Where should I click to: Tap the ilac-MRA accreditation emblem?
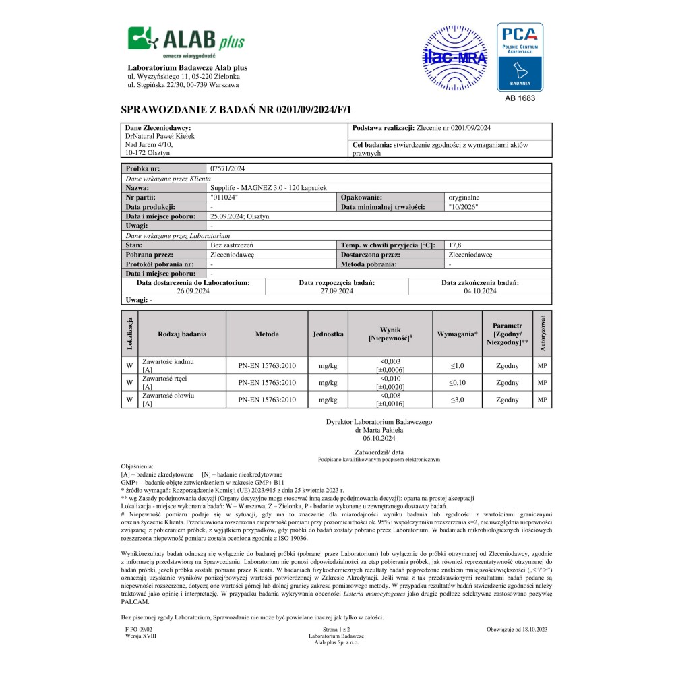coord(455,56)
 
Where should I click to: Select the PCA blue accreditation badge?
coord(520,57)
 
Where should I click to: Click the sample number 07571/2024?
coord(229,168)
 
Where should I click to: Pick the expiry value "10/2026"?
coord(463,207)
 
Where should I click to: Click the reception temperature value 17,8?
coord(455,245)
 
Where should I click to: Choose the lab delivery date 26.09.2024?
coord(193,291)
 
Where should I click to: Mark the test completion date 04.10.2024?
coord(480,291)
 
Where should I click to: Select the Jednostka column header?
coord(328,334)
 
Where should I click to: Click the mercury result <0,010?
coord(390,379)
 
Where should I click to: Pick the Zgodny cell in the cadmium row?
coord(507,365)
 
